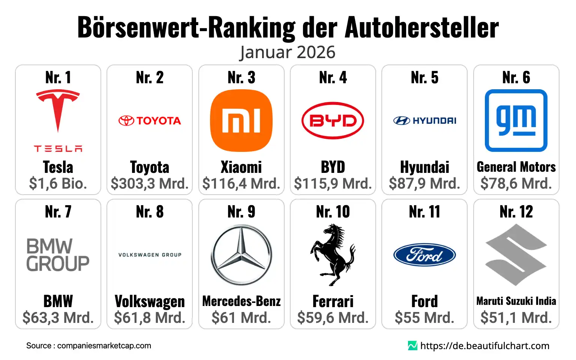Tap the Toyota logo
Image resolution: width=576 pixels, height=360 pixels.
(150, 121)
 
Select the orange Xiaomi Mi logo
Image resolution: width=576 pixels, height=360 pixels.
(241, 121)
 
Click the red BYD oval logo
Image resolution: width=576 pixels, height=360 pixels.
(333, 121)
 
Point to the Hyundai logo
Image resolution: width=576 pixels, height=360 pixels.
(424, 121)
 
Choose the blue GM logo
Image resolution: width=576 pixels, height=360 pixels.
(516, 120)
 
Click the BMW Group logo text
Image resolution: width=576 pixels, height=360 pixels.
(58, 255)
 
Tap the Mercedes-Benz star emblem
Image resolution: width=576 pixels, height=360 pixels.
(241, 255)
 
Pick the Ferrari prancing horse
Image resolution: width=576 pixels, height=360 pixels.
(333, 255)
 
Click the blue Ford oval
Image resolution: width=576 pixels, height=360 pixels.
(424, 255)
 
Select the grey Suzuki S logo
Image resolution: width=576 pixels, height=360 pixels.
(516, 255)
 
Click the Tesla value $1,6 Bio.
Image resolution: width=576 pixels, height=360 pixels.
(58, 184)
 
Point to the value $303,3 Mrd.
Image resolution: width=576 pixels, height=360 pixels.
(150, 184)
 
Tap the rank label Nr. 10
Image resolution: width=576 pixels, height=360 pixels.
(333, 212)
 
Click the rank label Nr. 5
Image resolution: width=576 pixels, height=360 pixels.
(424, 78)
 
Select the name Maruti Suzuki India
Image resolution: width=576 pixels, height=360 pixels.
(516, 301)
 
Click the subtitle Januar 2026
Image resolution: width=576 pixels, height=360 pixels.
(288, 52)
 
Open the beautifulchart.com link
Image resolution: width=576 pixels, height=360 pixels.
(484, 346)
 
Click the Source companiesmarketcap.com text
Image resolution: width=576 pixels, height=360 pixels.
(88, 346)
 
